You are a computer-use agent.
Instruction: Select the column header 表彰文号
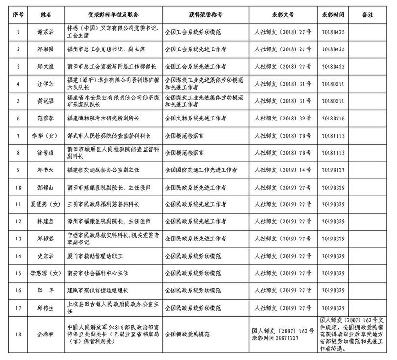click(x=281, y=14)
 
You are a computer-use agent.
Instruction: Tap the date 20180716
click(x=334, y=118)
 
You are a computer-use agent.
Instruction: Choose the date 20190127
click(x=334, y=170)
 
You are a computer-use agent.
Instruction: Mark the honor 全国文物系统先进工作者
click(x=198, y=118)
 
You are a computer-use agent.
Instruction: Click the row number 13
click(x=18, y=239)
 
